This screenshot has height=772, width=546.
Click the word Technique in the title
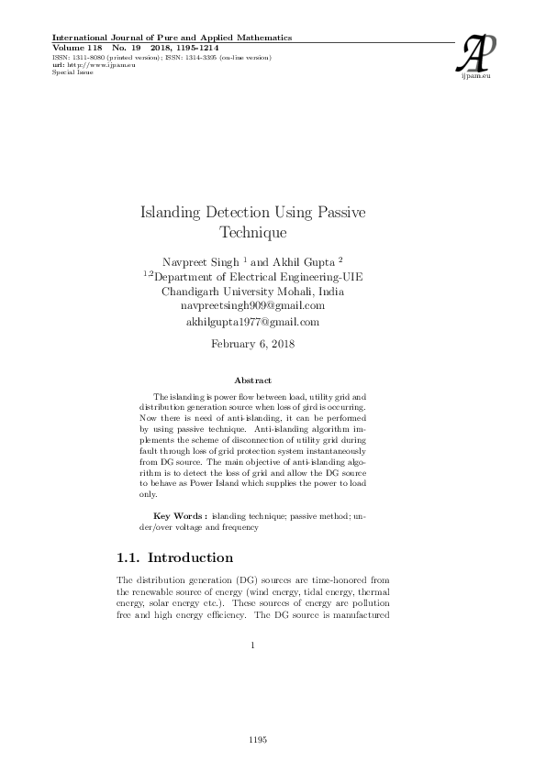pos(251,232)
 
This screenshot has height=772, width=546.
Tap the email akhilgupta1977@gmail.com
pos(252,322)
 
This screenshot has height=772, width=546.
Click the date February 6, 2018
pos(252,344)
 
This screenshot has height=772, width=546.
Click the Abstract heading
pos(252,379)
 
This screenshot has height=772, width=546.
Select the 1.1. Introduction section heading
pos(176,557)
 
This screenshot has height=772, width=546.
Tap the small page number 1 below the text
pos(251,645)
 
